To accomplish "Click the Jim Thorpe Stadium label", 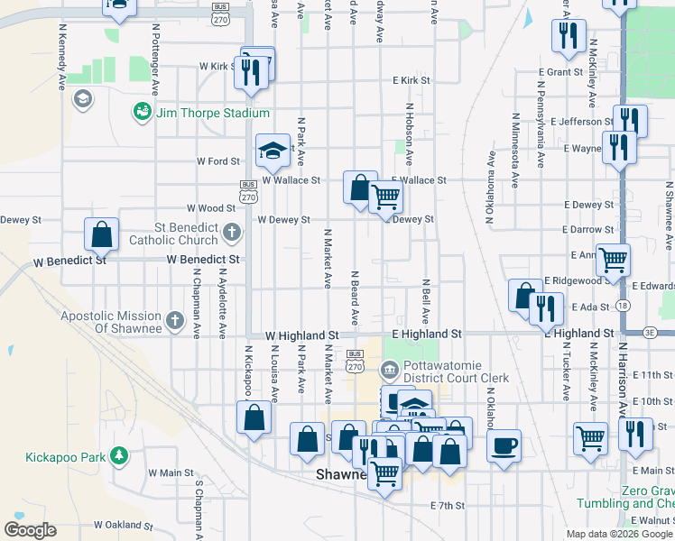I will click(x=212, y=113).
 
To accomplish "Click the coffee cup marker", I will click(x=504, y=444).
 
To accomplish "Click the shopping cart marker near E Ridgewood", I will click(x=613, y=260).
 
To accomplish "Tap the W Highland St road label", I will click(x=302, y=335).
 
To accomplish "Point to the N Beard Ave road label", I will click(x=355, y=298).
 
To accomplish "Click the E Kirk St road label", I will click(x=411, y=80).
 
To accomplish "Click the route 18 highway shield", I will click(x=624, y=307).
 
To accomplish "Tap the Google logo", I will click(x=30, y=529).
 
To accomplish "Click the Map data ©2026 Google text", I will click(x=618, y=534).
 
